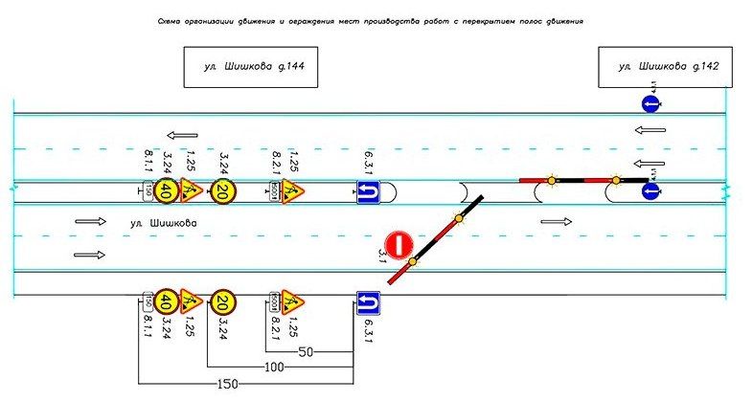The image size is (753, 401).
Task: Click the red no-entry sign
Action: pos(399,243)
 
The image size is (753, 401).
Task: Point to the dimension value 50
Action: pos(308,351)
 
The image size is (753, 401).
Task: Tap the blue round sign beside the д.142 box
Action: pos(649,103)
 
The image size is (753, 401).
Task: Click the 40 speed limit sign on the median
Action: pos(166,190)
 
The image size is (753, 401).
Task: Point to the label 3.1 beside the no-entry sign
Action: pos(382,254)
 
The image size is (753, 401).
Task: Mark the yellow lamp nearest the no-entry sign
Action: pos(412,261)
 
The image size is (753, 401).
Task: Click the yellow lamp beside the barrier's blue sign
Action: pos(616,178)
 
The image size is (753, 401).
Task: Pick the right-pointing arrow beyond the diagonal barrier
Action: pos(555,221)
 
